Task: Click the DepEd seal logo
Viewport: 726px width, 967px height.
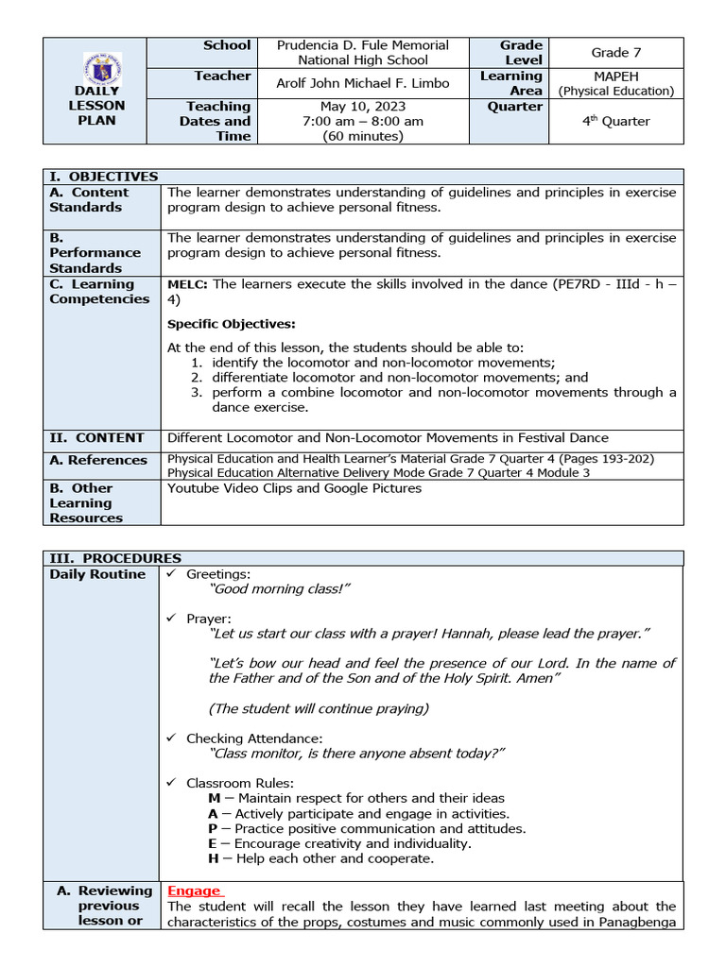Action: tap(102, 68)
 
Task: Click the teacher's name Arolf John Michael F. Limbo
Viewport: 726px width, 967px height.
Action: tap(362, 83)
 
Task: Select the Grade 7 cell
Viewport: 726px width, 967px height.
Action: tap(615, 53)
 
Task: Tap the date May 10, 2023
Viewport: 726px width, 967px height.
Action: tap(362, 107)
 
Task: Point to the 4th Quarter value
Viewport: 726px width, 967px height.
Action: tap(615, 121)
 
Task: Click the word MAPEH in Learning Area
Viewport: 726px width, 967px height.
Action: tap(615, 76)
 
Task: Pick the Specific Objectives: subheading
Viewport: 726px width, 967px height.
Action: tap(231, 324)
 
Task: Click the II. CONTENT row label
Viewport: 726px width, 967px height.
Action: tap(97, 437)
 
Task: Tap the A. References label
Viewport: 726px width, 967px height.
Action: tap(98, 460)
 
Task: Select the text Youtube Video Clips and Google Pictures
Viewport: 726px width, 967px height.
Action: tap(294, 488)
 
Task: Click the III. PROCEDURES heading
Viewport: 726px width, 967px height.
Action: tap(115, 558)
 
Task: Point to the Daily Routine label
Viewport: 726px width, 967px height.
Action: tap(97, 574)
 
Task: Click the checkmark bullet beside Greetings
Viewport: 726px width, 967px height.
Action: tap(171, 574)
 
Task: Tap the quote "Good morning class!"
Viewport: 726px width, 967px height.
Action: tap(280, 588)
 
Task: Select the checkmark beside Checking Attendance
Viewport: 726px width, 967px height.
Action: tap(171, 738)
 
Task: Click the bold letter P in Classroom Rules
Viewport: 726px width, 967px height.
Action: tap(214, 828)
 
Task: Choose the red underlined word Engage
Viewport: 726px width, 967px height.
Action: tap(194, 891)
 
